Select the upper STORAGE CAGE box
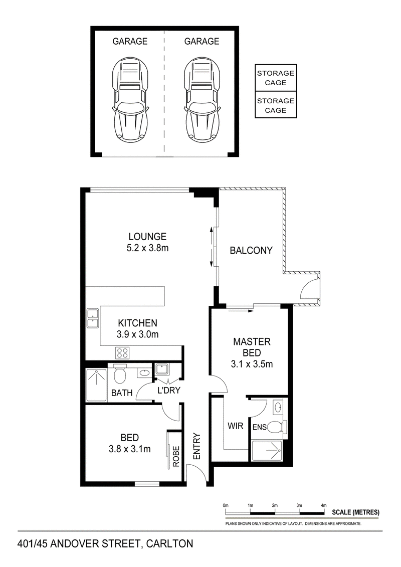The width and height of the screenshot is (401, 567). (x=276, y=78)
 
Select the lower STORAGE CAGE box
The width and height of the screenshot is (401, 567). (x=276, y=105)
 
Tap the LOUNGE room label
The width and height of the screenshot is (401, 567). (x=147, y=237)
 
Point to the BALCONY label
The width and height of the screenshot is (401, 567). (x=251, y=250)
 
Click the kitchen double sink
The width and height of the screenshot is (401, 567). (x=93, y=318)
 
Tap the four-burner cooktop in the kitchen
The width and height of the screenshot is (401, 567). (x=123, y=352)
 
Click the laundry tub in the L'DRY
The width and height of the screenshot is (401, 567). (x=160, y=369)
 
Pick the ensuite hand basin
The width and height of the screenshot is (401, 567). (x=278, y=408)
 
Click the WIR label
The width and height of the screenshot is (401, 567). (x=235, y=426)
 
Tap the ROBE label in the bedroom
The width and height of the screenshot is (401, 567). (x=176, y=456)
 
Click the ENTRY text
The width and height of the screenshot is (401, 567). (x=196, y=446)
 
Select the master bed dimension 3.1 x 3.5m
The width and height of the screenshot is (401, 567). (x=252, y=364)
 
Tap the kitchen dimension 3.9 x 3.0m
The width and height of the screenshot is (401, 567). (x=137, y=334)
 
